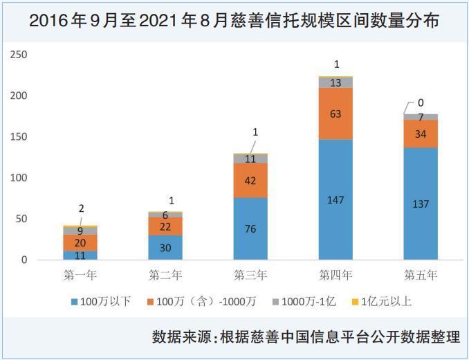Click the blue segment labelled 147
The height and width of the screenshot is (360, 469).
[335, 199]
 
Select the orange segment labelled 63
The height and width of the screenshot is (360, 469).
[335, 114]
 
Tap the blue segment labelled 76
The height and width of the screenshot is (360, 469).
[250, 228]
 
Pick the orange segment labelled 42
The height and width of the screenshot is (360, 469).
[250, 181]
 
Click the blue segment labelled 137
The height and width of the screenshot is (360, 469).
[421, 204]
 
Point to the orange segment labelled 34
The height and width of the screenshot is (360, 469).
[421, 134]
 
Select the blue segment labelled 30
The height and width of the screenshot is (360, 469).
[165, 247]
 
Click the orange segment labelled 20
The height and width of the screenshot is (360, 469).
[80, 243]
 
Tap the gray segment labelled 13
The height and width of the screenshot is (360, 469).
[335, 82]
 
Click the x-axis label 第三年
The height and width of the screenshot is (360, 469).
[250, 275]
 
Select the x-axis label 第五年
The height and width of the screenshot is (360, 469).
[421, 275]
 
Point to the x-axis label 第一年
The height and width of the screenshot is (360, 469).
[80, 275]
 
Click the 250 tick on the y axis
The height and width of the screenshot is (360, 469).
[19, 55]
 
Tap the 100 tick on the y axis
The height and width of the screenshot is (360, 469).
[19, 178]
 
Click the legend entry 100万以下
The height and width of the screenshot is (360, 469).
[101, 301]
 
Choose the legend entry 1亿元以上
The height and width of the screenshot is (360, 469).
[382, 301]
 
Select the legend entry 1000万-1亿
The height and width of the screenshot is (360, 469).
[304, 301]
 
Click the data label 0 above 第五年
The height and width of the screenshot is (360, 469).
[421, 102]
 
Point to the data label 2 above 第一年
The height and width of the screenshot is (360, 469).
[82, 208]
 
